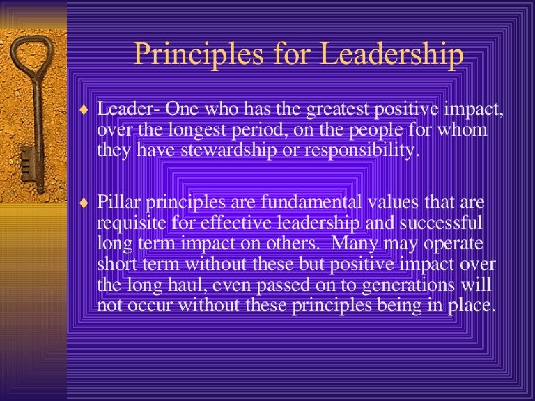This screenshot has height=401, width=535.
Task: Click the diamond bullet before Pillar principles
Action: [x=85, y=203]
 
